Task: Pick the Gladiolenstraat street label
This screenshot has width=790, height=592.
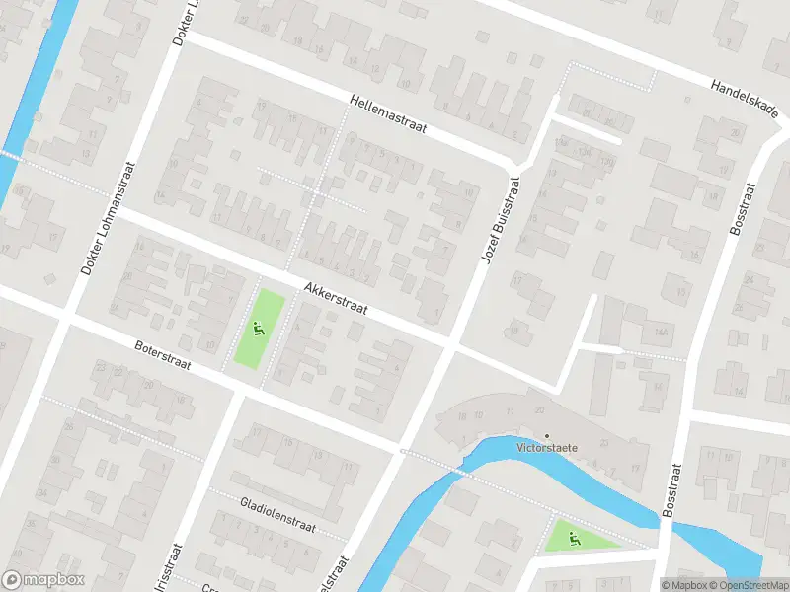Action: coord(277,514)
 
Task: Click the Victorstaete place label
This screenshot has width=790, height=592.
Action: coord(547,446)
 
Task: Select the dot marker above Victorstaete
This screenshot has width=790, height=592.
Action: coord(547,434)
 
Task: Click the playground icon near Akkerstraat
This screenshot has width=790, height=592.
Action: coord(259,331)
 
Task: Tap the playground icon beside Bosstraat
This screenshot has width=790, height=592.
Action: coord(574,538)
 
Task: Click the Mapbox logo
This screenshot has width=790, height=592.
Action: coord(43,580)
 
